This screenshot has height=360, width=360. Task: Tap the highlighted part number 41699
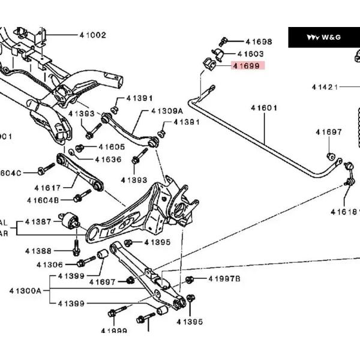click(x=247, y=66)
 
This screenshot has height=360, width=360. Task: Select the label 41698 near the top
click(x=259, y=42)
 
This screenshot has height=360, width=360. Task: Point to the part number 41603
click(x=252, y=54)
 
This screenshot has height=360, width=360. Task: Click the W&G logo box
click(x=323, y=37)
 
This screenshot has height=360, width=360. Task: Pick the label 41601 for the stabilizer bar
click(x=264, y=108)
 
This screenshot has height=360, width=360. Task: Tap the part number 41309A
click(x=167, y=111)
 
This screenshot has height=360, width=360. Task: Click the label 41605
click(x=112, y=147)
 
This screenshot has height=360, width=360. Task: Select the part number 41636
click(x=108, y=160)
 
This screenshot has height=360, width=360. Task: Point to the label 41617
click(x=47, y=188)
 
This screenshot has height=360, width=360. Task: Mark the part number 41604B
click(x=43, y=200)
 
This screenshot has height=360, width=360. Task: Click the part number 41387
click(x=39, y=222)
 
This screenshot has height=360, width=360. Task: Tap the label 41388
click(x=38, y=251)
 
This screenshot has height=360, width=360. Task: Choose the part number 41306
click(x=49, y=265)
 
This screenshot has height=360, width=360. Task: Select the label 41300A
click(x=25, y=291)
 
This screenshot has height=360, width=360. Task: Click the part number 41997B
click(x=224, y=279)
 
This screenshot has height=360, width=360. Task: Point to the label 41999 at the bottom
click(x=114, y=331)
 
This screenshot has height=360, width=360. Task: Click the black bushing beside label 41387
click(x=70, y=221)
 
